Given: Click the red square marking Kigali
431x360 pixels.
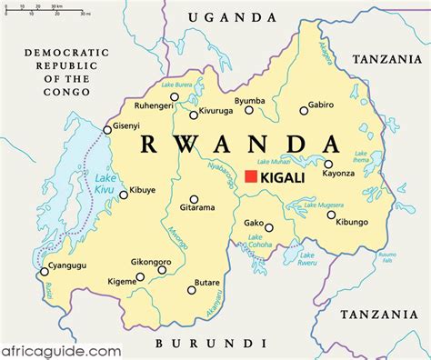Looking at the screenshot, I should pos(251,176).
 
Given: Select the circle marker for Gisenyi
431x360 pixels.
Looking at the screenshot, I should pos(107,130).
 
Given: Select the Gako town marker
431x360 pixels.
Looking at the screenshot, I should pos(269,227).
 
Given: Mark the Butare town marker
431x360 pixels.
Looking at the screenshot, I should pos(192,290).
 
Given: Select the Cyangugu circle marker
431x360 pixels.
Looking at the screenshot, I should pos(43,271).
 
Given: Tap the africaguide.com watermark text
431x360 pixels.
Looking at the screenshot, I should pos(62,349).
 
